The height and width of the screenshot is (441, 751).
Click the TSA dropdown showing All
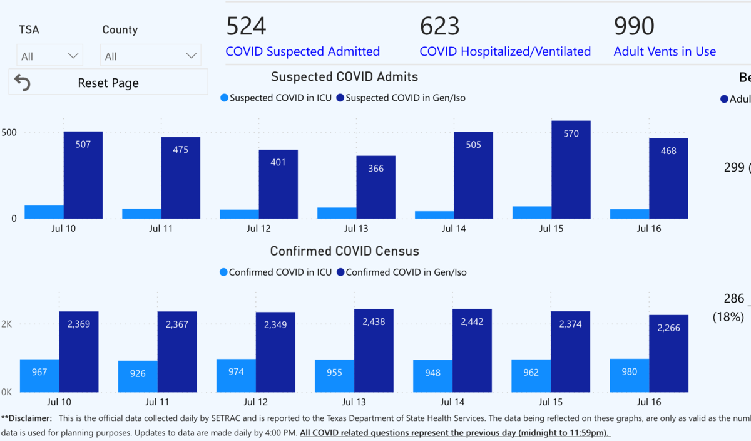tap(49, 56)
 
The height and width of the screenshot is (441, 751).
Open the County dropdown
tap(150, 56)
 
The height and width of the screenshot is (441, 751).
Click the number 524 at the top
tap(246, 26)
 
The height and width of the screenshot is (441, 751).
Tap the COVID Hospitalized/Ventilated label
tap(505, 51)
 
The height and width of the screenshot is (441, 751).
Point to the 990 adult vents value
tap(634, 26)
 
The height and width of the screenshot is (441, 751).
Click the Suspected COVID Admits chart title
tap(344, 77)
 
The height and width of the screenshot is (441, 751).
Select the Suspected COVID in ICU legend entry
tap(275, 98)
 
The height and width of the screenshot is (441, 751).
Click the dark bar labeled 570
tap(571, 169)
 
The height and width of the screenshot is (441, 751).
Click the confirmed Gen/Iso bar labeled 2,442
tap(473, 351)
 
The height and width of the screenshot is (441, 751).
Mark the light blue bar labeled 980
tap(629, 375)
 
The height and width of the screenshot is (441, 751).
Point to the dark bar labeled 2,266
tap(668, 353)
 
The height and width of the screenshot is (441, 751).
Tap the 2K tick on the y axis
tap(7, 324)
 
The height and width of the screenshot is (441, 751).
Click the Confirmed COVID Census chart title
tap(344, 251)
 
